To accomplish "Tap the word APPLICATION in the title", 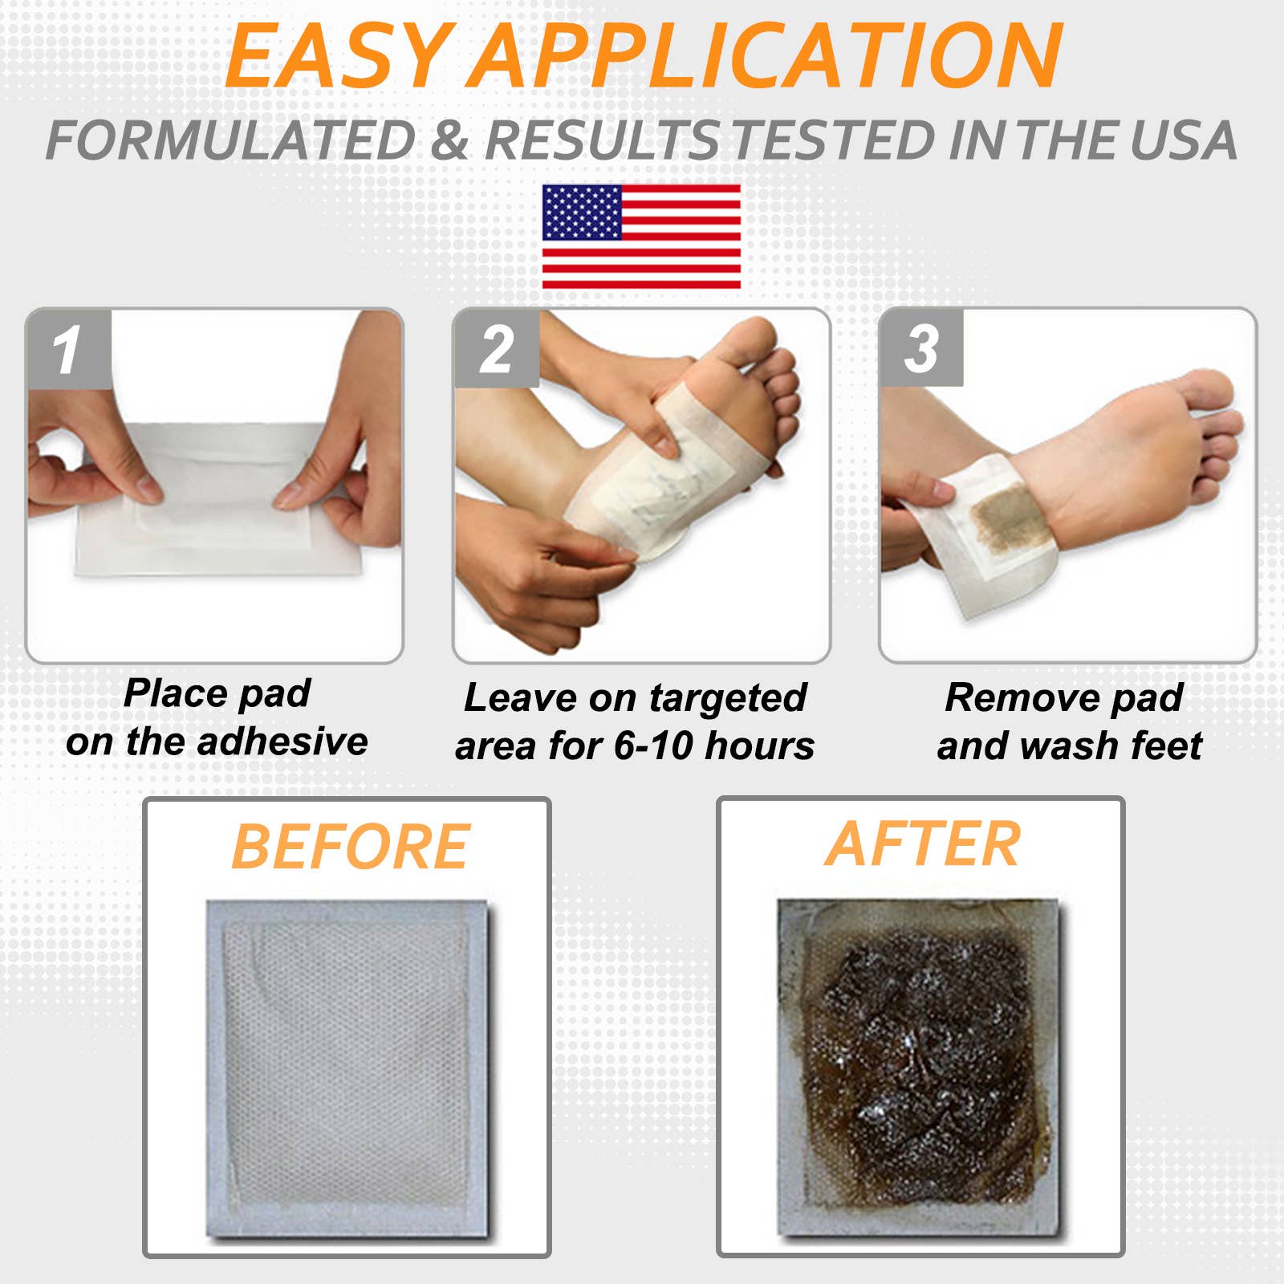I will click(x=766, y=56).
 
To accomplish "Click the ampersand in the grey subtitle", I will click(x=449, y=140).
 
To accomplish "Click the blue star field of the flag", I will click(x=582, y=213).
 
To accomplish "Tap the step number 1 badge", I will click(x=68, y=350).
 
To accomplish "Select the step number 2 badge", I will click(x=497, y=350).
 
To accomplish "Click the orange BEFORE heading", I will click(x=350, y=847).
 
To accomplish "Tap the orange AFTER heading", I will click(x=923, y=844).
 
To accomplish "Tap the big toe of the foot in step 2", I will click(x=750, y=337).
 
